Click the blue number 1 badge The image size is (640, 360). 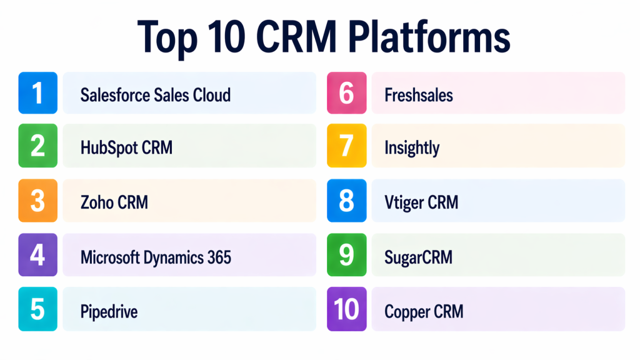click(38, 93)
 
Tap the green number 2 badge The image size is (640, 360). click(38, 146)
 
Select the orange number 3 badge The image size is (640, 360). click(38, 201)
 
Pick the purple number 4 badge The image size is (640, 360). click(38, 254)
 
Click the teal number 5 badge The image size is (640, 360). click(38, 309)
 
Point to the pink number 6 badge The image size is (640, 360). click(346, 93)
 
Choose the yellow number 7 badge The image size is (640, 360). click(346, 146)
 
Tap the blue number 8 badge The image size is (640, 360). click(346, 201)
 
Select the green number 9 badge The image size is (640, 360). click(346, 254)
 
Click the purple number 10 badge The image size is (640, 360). click(346, 309)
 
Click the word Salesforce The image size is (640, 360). click(116, 94)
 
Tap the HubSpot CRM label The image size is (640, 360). click(126, 147)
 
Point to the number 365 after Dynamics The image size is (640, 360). click(217, 256)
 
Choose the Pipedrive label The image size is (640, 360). click(109, 311)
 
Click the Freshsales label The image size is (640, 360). click(419, 95)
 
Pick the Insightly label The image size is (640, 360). click(412, 148)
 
